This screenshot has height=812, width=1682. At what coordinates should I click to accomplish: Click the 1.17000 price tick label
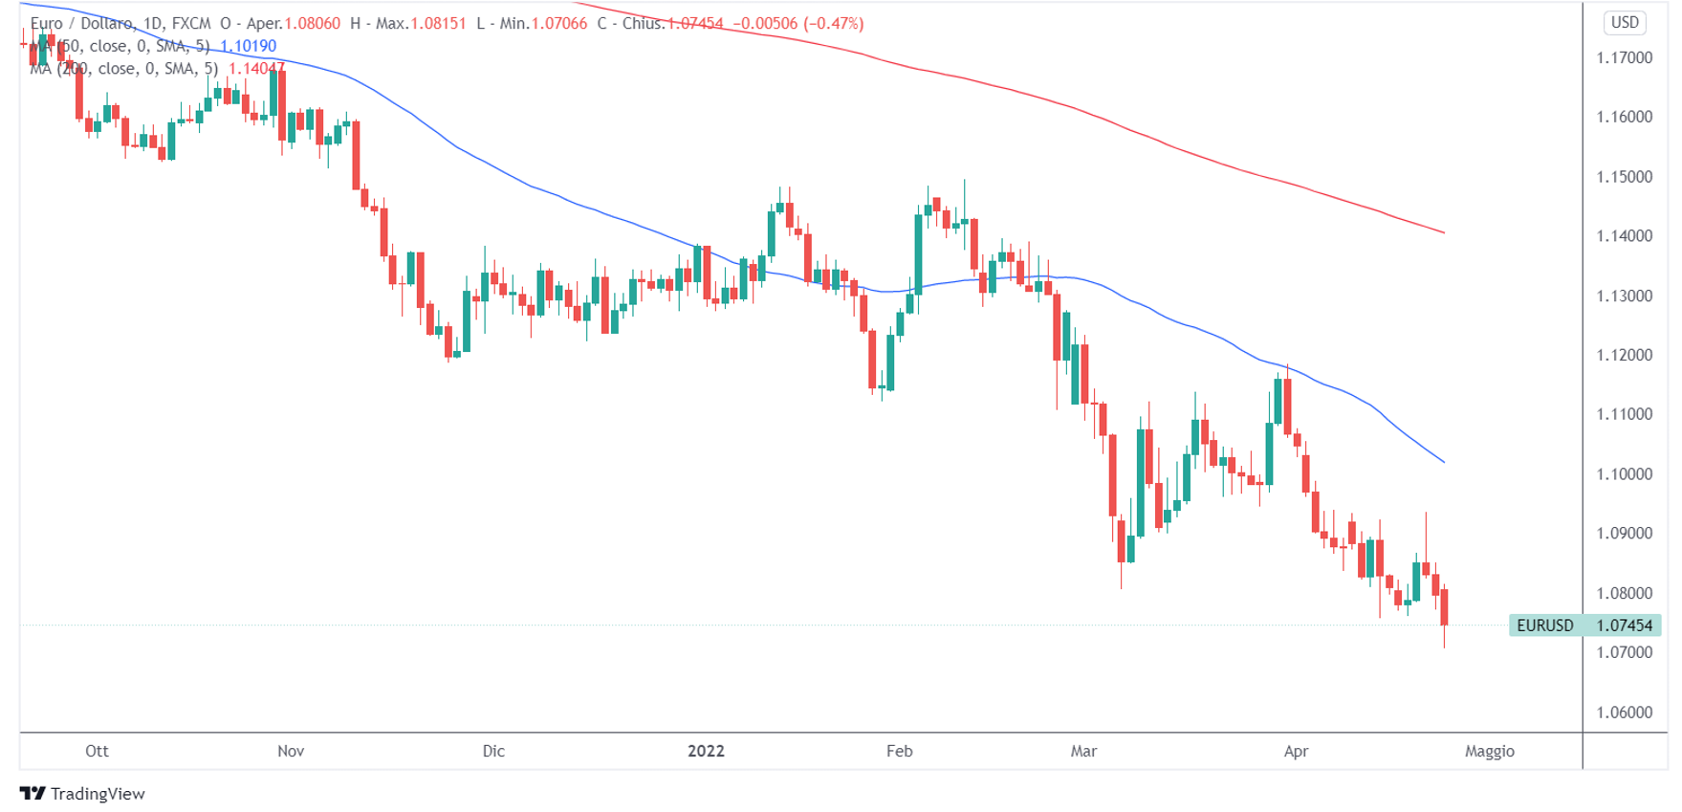[1624, 57]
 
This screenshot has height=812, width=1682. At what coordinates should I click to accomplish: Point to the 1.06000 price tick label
[1624, 712]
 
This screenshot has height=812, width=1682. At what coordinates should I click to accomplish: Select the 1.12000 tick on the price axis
[1624, 355]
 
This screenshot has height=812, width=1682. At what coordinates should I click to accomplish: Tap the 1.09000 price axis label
[1624, 533]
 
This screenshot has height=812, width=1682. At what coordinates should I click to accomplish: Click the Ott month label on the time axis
[97, 751]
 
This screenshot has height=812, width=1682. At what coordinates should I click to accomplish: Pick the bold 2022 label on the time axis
[706, 751]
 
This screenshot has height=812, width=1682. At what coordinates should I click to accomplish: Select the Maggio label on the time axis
[1489, 751]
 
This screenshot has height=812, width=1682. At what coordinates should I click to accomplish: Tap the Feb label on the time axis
[899, 751]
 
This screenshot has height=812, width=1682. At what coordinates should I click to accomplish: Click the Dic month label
[493, 751]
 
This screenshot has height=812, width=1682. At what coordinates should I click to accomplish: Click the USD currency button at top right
[1625, 22]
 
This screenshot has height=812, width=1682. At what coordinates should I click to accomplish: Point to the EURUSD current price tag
[1584, 625]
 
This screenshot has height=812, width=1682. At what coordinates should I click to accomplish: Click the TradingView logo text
[97, 794]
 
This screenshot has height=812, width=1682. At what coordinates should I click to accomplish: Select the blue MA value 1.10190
[248, 46]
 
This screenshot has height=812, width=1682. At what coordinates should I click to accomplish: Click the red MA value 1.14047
[256, 69]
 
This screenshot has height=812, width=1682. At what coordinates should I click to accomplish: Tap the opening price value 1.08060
[312, 23]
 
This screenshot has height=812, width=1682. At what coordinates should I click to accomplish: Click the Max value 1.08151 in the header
[438, 23]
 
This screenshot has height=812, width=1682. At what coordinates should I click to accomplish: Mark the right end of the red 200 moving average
[1444, 232]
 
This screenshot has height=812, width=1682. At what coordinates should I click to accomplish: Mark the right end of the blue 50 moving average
[1444, 462]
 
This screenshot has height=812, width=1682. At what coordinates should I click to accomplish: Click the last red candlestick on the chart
[1444, 607]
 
